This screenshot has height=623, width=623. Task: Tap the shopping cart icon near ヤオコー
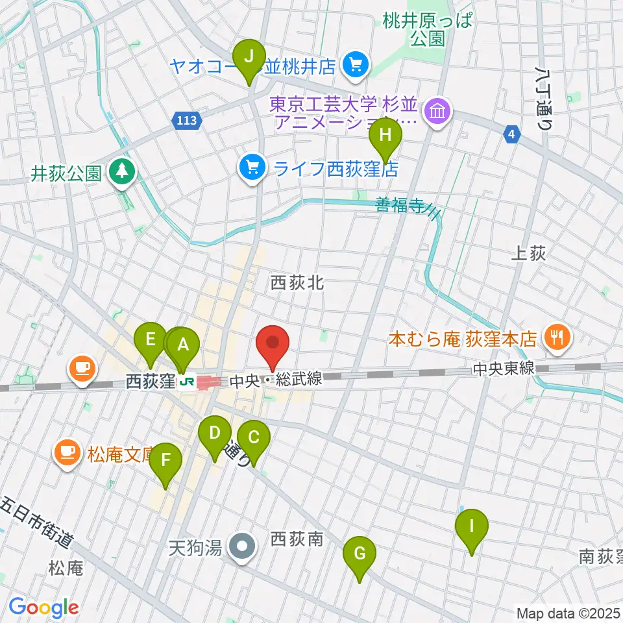(x=355, y=65)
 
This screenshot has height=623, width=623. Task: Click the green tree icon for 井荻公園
(x=121, y=172)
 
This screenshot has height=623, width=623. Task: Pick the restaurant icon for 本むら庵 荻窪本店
(x=556, y=337)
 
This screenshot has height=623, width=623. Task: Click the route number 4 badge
(x=513, y=134)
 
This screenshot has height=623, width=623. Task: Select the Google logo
(x=43, y=607)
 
